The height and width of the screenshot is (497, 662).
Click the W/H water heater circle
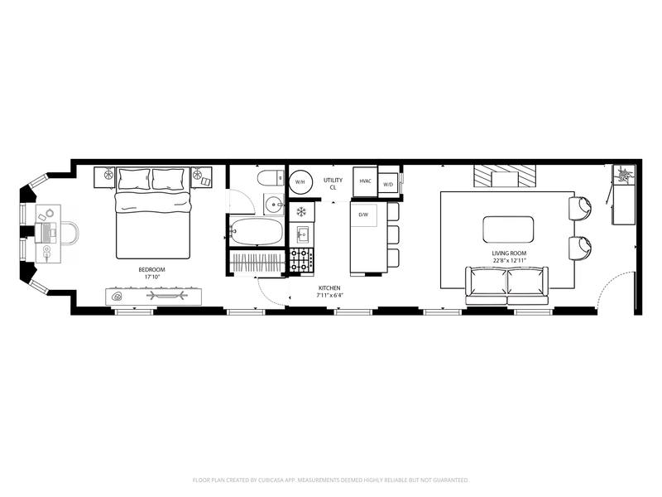[300, 181]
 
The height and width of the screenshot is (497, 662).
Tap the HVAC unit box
[365, 181]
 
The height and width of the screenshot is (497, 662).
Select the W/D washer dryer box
[388, 185]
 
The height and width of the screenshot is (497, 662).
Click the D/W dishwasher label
[363, 215]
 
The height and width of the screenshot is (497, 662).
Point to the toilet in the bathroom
[271, 178]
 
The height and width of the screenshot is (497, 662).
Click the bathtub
[257, 231]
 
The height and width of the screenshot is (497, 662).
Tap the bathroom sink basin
[275, 205]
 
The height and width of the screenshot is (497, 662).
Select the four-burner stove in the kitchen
[301, 260]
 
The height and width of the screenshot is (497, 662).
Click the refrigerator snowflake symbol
[301, 212]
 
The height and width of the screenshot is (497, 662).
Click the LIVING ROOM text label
[509, 253]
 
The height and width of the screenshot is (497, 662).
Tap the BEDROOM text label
[151, 270]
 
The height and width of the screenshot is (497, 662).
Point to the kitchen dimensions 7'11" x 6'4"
[329, 296]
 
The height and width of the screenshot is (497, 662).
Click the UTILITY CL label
[333, 184]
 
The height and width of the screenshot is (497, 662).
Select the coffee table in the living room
[508, 229]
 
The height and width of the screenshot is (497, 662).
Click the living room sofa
[506, 286]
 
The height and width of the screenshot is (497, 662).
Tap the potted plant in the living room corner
[625, 174]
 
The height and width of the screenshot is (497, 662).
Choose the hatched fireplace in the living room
[505, 176]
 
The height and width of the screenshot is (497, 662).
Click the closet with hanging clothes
[257, 263]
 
